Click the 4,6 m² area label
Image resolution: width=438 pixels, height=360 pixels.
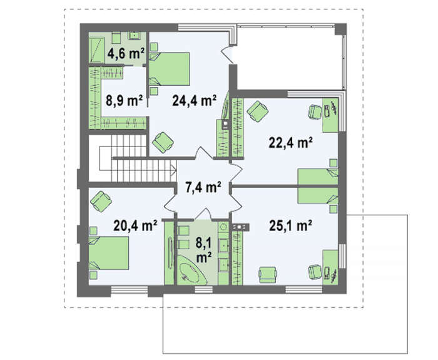pos(126,53)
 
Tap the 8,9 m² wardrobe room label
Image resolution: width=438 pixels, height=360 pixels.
pos(124,100)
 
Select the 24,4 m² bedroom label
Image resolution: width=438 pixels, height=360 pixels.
pos(194,100)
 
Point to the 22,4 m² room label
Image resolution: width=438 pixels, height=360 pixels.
pos(290,143)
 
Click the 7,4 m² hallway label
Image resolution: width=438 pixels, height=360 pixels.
pos(203,187)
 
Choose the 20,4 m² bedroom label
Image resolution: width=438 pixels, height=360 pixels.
pos(135,225)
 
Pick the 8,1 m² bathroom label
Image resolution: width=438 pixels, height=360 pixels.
pos(203,250)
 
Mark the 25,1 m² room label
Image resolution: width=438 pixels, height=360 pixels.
pos(290,225)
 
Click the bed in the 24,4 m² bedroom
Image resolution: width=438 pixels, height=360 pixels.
pos(170,69)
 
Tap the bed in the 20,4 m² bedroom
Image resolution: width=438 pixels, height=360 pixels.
pos(109,253)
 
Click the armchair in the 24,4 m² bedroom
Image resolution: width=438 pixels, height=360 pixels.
pos(163,143)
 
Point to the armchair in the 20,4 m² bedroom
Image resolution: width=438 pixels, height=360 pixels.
pos(101,201)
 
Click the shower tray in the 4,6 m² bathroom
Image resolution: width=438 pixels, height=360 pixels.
pos(96,50)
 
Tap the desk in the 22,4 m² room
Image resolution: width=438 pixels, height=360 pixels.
pos(330,115)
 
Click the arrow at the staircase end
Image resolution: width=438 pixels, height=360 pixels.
pos(173,168)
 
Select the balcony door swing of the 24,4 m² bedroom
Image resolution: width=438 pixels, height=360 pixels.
pos(227,54)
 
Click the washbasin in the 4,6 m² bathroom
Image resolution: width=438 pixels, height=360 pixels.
pos(136,36)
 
